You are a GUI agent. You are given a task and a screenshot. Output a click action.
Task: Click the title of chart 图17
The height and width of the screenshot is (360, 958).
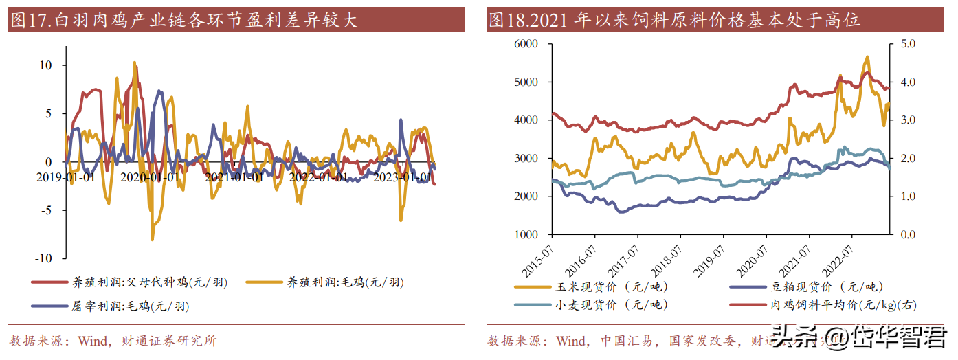coord(183,21)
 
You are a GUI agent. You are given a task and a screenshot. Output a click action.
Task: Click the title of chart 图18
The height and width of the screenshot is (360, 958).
coord(673,21)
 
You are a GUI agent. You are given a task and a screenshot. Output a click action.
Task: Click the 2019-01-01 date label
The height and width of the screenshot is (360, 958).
coord(66,177)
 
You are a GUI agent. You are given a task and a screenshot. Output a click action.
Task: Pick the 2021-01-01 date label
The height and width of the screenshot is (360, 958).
coord(234,177)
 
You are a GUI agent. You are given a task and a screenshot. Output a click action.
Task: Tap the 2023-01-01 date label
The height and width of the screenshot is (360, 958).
coord(402,177)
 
